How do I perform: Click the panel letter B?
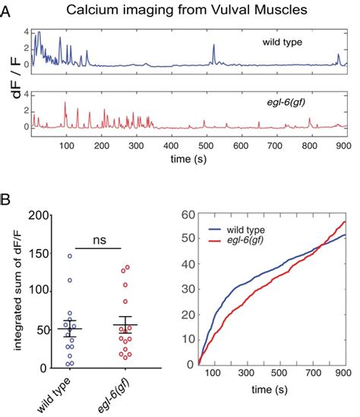tap(7, 202)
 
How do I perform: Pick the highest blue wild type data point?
tap(69, 257)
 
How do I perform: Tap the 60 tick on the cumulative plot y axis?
tap(188, 216)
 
